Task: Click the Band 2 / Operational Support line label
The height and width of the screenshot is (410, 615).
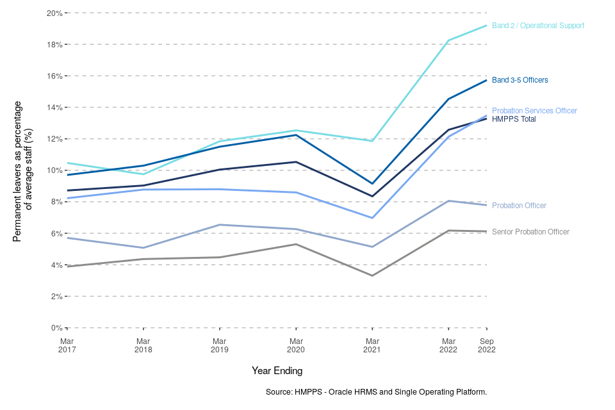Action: [x=537, y=26]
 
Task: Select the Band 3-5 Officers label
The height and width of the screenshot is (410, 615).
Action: [x=520, y=80]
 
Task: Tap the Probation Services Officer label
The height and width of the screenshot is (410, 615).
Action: [x=534, y=111]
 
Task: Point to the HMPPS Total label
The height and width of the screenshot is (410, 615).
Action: [x=514, y=119]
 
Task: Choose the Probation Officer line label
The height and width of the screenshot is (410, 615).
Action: [x=519, y=206]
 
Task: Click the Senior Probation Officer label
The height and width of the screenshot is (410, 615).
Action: [x=530, y=232]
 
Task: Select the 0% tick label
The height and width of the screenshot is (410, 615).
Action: [x=56, y=328]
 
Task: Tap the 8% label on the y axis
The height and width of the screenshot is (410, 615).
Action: [x=56, y=202]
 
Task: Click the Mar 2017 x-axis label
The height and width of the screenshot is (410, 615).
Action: [x=67, y=345]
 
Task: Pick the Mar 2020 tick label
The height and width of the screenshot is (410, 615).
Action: [x=296, y=345]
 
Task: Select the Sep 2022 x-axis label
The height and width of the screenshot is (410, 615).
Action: [x=487, y=345]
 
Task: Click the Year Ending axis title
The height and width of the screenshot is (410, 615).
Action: [x=277, y=371]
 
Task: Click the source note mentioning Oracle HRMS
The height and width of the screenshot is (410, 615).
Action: [x=376, y=391]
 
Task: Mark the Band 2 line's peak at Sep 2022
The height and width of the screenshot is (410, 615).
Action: [x=487, y=26]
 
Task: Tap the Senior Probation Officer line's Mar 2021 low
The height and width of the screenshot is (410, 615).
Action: [x=372, y=275]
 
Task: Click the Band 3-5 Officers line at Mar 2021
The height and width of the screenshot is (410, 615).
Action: [x=372, y=184]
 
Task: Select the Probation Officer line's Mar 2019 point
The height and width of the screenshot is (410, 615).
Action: [x=220, y=225]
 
